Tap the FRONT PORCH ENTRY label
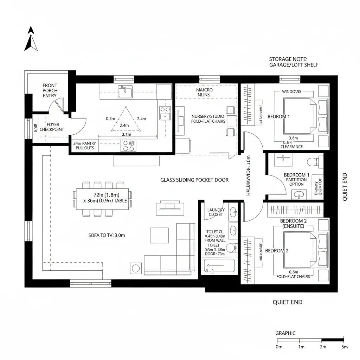(50, 90)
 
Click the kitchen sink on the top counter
(126, 92)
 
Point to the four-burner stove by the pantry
(128, 146)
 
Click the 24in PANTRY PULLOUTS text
(84, 146)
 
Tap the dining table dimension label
(102, 198)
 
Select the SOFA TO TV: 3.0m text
(107, 236)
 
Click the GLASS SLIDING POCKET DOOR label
(194, 180)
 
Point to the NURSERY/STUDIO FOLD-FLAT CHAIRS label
(208, 119)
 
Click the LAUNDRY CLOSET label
(216, 212)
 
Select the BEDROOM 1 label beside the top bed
(278, 116)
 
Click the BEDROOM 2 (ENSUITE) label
(293, 223)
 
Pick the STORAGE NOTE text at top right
(294, 62)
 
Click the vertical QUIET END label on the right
(345, 186)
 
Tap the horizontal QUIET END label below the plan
(287, 302)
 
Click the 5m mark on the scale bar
(344, 347)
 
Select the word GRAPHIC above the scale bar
(285, 333)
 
